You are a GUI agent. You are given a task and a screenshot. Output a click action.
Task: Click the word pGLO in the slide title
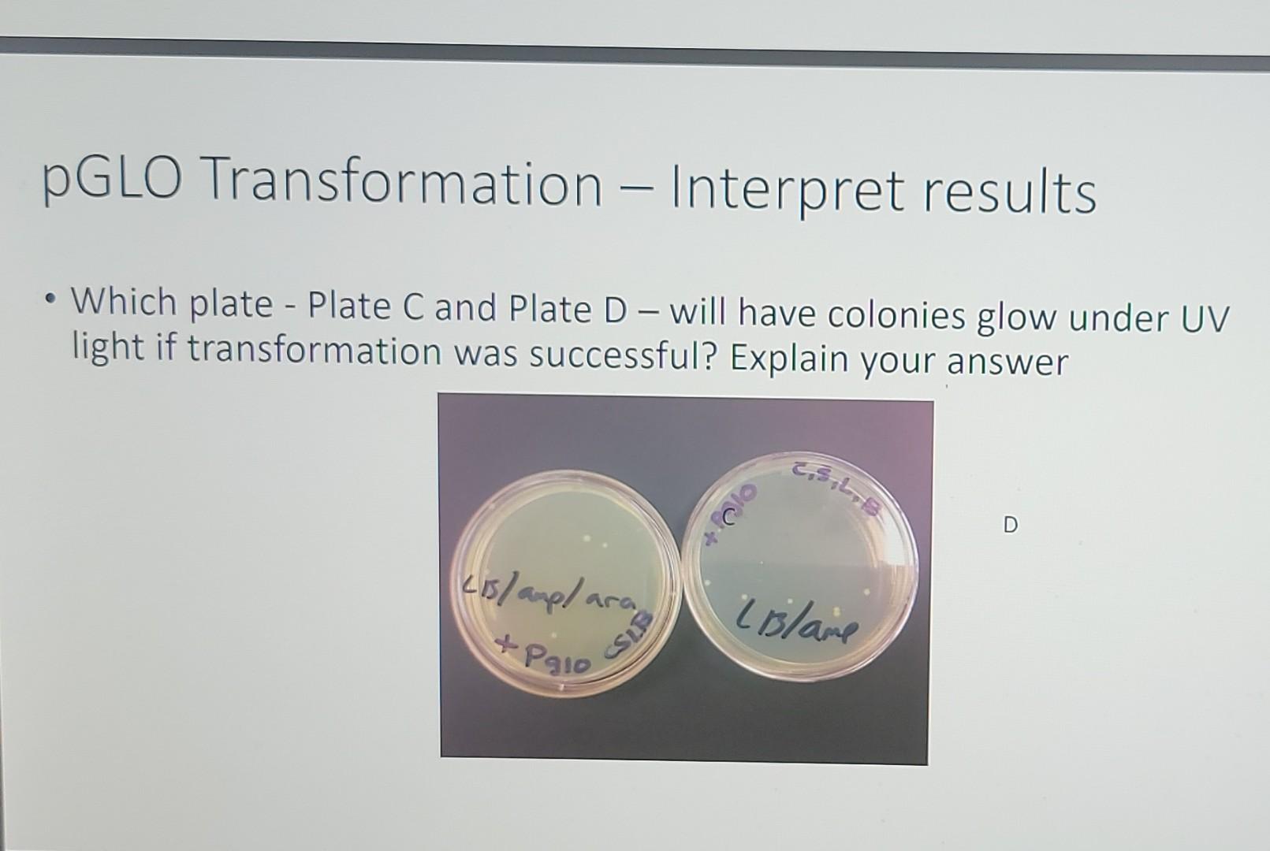[x=113, y=180]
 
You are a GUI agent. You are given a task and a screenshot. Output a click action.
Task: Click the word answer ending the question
[x=1007, y=362]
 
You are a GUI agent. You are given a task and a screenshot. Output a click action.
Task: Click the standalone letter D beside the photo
[x=1011, y=524]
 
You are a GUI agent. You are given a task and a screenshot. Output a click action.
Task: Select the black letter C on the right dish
[x=728, y=518]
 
